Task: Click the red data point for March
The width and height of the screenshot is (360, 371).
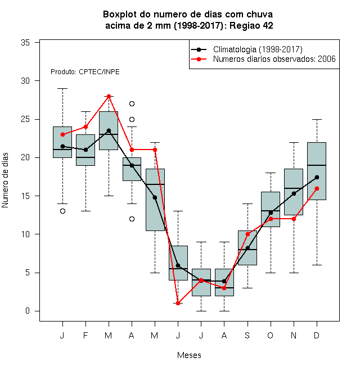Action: click(x=109, y=96)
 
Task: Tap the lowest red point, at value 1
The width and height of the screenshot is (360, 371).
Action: click(x=178, y=303)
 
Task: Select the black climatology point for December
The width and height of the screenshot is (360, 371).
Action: click(x=317, y=177)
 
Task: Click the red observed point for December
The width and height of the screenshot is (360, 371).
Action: click(x=317, y=188)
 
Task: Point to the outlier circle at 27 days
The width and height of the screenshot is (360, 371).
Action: click(x=132, y=103)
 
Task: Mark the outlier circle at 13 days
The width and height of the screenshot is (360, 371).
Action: click(x=62, y=211)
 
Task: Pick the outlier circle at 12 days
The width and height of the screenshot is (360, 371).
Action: click(x=132, y=219)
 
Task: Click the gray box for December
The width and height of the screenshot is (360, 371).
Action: click(x=317, y=171)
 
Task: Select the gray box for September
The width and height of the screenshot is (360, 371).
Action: click(x=247, y=248)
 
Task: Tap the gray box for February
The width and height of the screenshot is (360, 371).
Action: click(x=85, y=150)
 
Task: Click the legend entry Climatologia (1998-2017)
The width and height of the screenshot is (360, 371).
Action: click(x=247, y=49)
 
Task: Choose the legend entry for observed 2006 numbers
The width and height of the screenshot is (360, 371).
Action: click(x=263, y=59)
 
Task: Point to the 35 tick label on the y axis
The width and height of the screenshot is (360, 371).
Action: click(x=25, y=43)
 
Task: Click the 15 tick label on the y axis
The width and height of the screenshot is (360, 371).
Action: click(x=25, y=196)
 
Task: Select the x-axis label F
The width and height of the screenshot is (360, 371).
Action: click(x=85, y=335)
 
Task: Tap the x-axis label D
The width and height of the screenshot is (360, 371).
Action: click(x=317, y=335)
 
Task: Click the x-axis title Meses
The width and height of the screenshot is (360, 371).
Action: click(x=189, y=355)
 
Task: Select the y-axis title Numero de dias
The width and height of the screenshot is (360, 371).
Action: click(x=5, y=180)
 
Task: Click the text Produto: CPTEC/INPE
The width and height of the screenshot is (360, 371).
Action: click(x=85, y=72)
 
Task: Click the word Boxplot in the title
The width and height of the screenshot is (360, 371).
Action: click(x=120, y=15)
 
